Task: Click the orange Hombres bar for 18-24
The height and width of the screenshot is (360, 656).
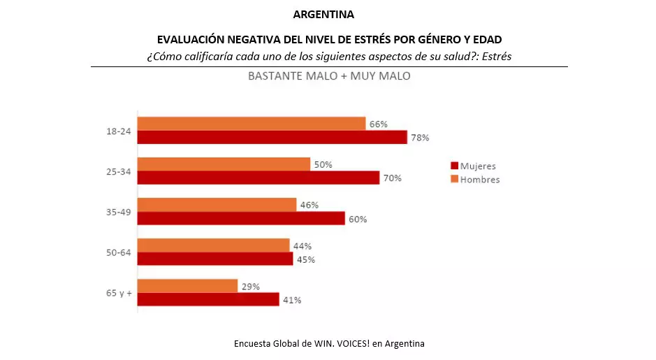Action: [252, 124]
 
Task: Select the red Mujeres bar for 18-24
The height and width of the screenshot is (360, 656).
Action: [272, 137]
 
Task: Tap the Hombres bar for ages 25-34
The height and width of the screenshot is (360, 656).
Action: [224, 164]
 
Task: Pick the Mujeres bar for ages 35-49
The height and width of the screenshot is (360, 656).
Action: [241, 218]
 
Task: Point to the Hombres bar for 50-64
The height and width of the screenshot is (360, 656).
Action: [213, 245]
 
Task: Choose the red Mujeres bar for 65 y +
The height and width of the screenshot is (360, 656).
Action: [208, 299]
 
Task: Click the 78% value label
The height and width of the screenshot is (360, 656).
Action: [420, 138]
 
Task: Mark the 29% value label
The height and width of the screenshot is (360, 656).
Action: [251, 287]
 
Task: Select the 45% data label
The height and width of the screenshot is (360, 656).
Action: [305, 259]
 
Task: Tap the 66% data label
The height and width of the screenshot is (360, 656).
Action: [379, 124]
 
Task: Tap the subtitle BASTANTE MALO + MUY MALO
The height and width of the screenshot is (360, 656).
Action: [329, 75]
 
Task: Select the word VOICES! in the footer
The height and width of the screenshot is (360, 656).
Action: [351, 343]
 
